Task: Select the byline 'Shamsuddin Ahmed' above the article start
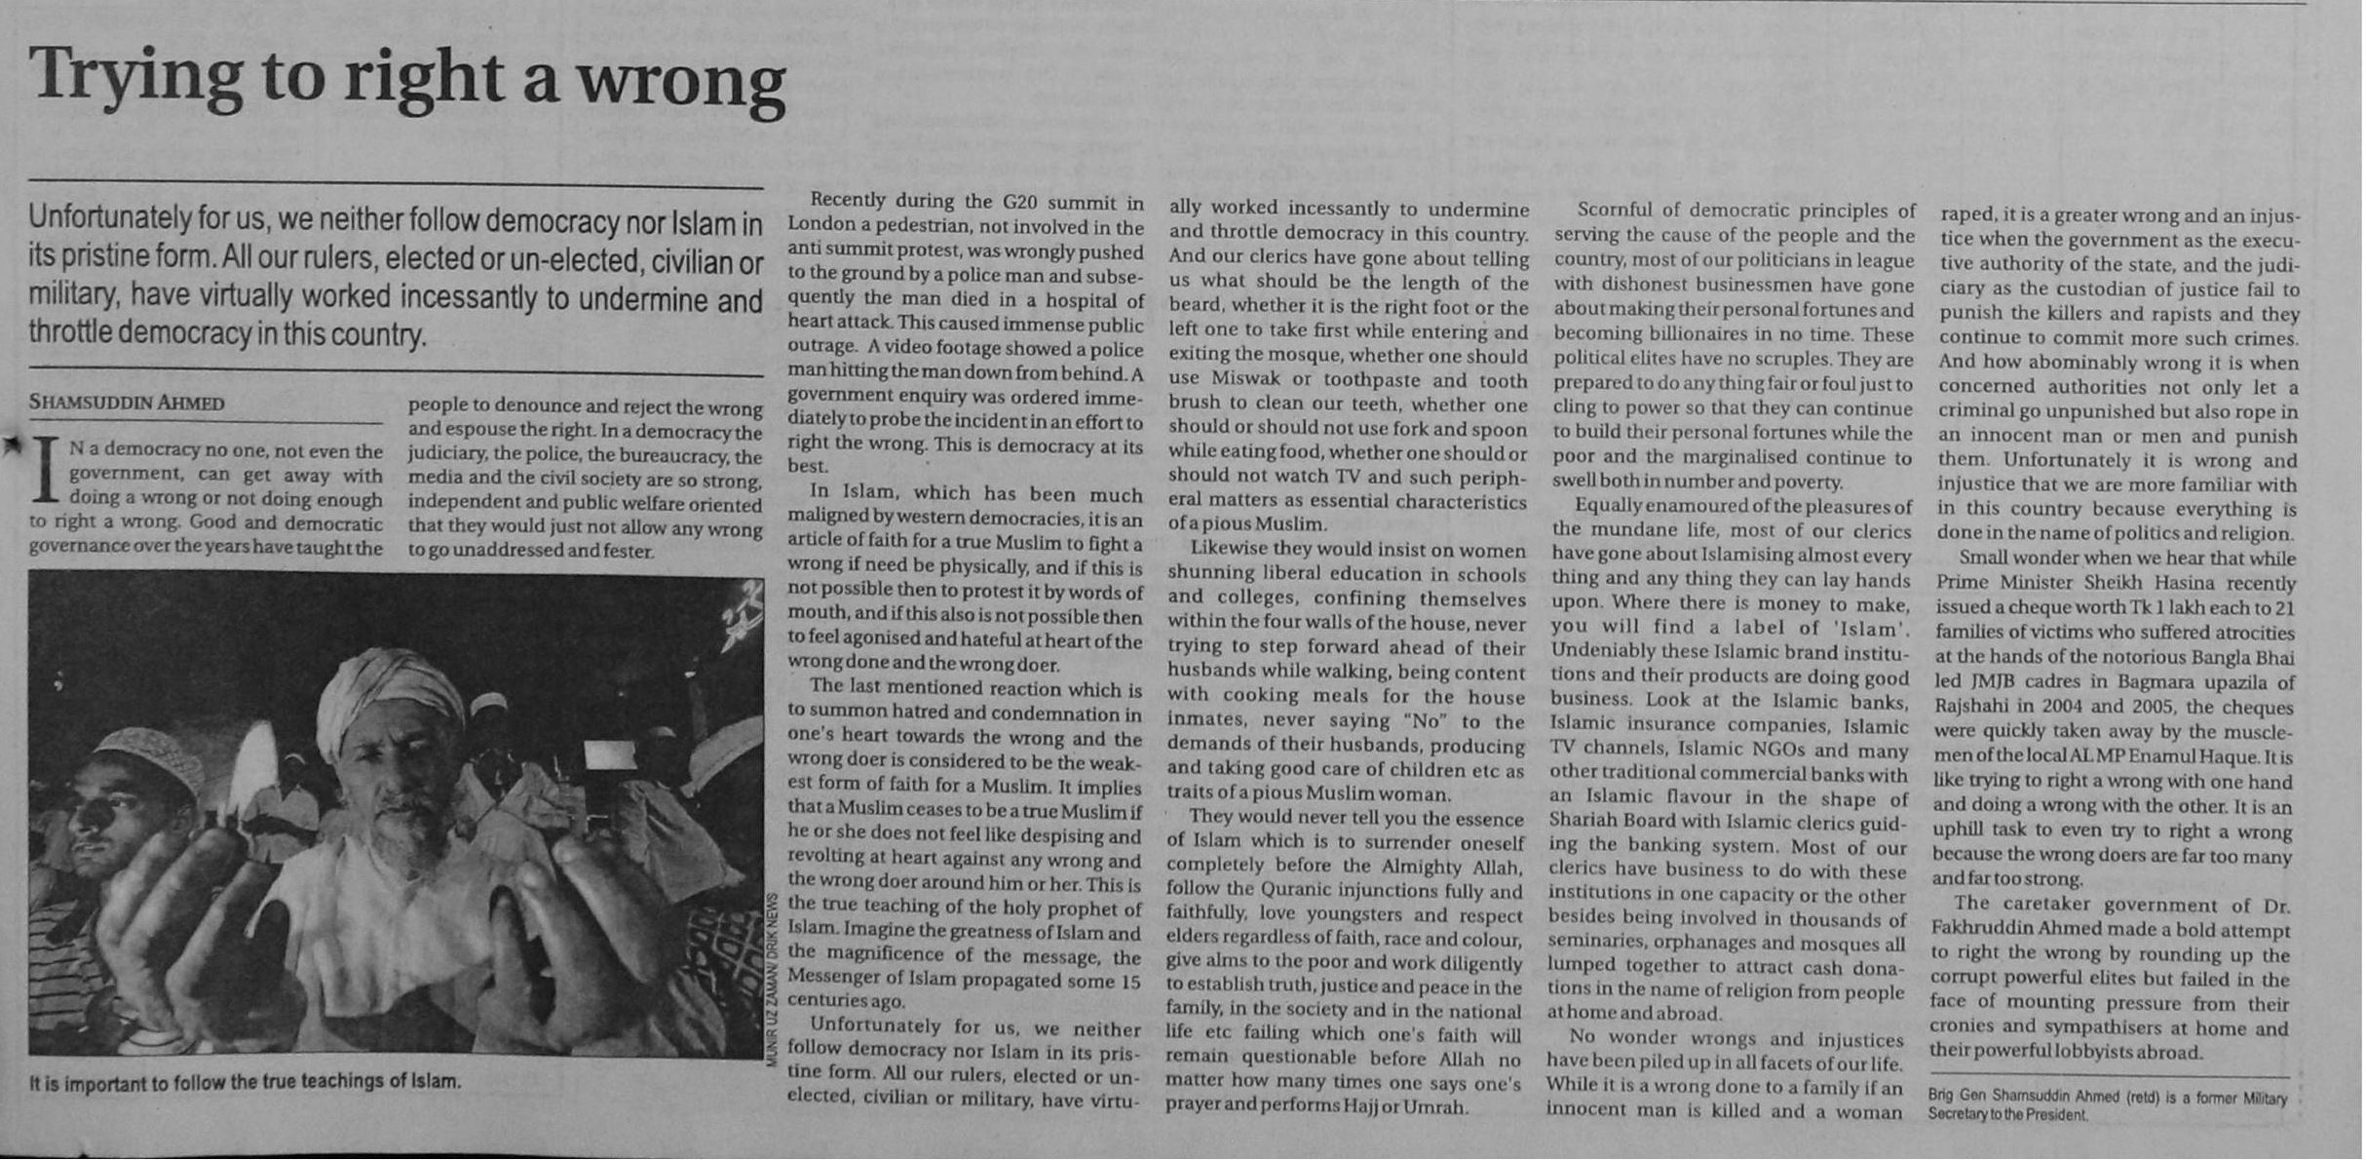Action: pyautogui.click(x=127, y=403)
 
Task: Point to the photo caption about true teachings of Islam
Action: pyautogui.click(x=245, y=1082)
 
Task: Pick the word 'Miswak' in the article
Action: pyautogui.click(x=1250, y=379)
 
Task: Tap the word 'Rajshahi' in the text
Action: pyautogui.click(x=1975, y=707)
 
